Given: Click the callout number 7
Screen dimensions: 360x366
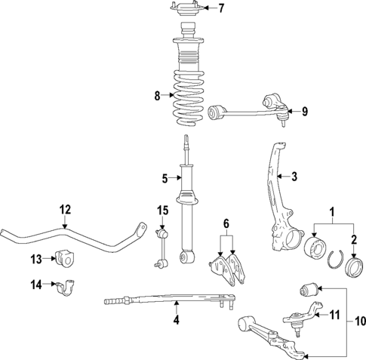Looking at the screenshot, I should [x=221, y=9].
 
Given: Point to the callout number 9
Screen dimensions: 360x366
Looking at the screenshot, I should [x=305, y=112].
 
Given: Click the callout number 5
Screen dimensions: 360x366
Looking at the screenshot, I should [x=163, y=179].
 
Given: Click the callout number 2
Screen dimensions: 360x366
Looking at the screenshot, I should [x=353, y=241].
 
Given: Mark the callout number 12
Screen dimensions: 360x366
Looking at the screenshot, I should [x=65, y=209].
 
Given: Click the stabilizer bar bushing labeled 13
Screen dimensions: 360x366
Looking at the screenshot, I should [x=66, y=259].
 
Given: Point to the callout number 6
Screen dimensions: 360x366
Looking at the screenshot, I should [x=225, y=223].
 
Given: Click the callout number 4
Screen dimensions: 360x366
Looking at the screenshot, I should [x=175, y=320].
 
